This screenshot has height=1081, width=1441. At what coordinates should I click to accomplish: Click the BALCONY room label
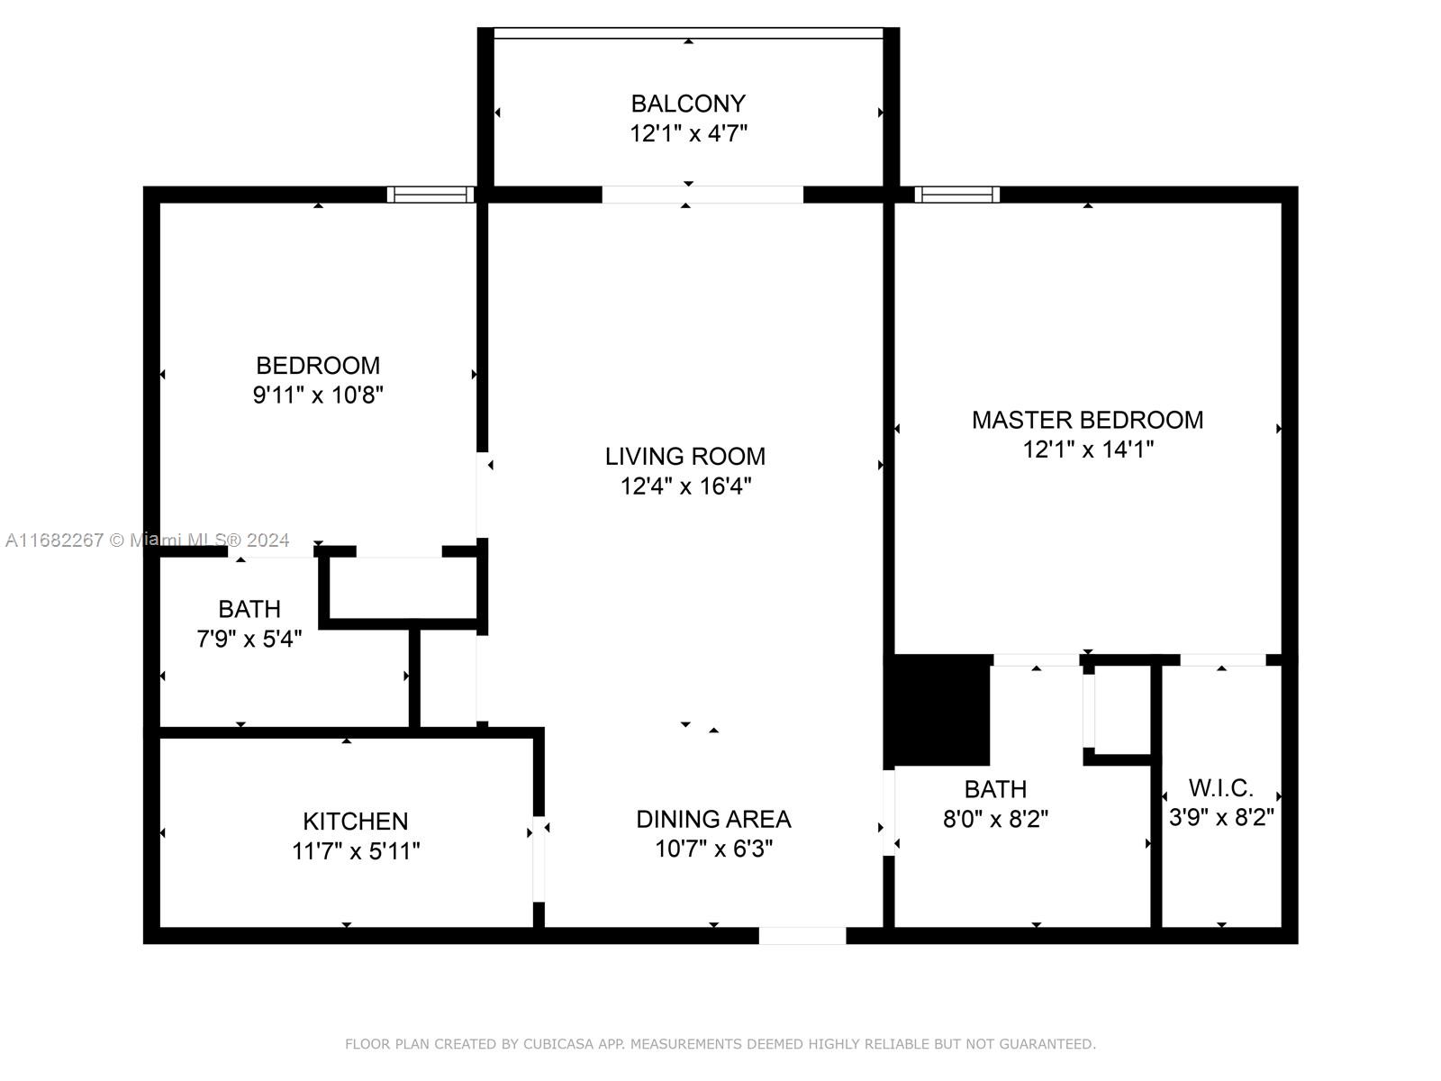coord(688,104)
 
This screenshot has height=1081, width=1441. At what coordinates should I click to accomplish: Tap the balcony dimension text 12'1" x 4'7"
coord(688,134)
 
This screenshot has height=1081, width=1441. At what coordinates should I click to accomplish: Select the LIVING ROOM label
coord(684,456)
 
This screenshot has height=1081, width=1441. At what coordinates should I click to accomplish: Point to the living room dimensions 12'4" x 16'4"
coord(685,486)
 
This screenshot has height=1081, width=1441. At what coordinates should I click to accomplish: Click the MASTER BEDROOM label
coord(1087,420)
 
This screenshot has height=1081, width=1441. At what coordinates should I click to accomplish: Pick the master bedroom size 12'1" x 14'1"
coord(1088,450)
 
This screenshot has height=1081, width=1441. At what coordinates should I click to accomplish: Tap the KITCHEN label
coord(355,821)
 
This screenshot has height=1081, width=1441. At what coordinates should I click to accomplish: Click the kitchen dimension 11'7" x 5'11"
coord(355,851)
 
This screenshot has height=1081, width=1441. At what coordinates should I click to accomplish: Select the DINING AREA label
coord(713,819)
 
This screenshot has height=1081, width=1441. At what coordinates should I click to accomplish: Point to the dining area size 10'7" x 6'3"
coord(713,849)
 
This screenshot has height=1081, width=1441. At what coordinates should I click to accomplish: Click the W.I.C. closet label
coord(1220,787)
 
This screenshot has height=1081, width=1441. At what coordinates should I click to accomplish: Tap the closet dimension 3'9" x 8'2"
coord(1221,818)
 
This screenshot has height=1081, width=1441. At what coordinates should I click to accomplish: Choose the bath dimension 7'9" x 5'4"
coord(249,639)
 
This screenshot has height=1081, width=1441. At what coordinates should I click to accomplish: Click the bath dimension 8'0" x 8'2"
coord(995,819)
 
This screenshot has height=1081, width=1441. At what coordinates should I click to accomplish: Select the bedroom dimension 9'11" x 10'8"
coord(318,395)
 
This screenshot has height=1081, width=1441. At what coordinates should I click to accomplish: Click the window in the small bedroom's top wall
coord(430,195)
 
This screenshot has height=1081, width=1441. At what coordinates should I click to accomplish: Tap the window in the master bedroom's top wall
coord(957,195)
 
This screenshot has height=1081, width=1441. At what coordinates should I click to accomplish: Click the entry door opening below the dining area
coord(802,935)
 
